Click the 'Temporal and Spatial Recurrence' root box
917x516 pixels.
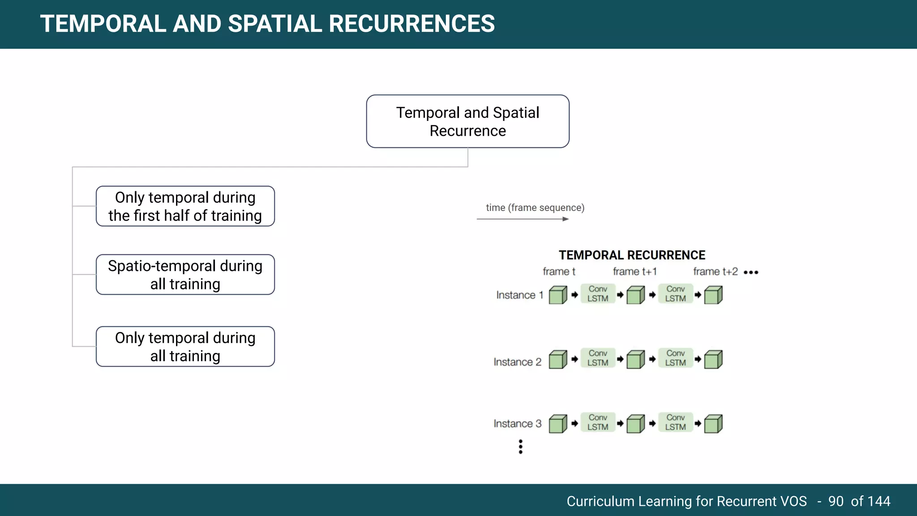pos(467,121)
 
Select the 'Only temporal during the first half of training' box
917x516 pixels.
pos(185,206)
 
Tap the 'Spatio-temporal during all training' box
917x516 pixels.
pos(185,275)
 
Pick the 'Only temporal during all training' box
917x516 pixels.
pos(185,347)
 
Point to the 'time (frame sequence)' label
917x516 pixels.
pos(535,208)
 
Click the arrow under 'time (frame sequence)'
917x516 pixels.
pos(523,219)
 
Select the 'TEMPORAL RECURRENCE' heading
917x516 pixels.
pos(632,255)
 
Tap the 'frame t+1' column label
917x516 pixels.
pos(634,271)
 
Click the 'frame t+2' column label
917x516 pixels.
pos(715,271)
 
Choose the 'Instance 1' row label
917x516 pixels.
pos(519,295)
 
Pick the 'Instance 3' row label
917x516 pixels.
pos(517,424)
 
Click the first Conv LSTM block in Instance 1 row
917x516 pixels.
pos(598,294)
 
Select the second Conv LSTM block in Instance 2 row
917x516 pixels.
pos(675,358)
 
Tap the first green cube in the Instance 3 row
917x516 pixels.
pos(558,424)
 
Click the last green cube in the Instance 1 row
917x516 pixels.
pos(713,296)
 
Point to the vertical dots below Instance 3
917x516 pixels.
pos(520,447)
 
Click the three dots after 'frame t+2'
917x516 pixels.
pos(751,272)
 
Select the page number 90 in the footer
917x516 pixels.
pos(836,501)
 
